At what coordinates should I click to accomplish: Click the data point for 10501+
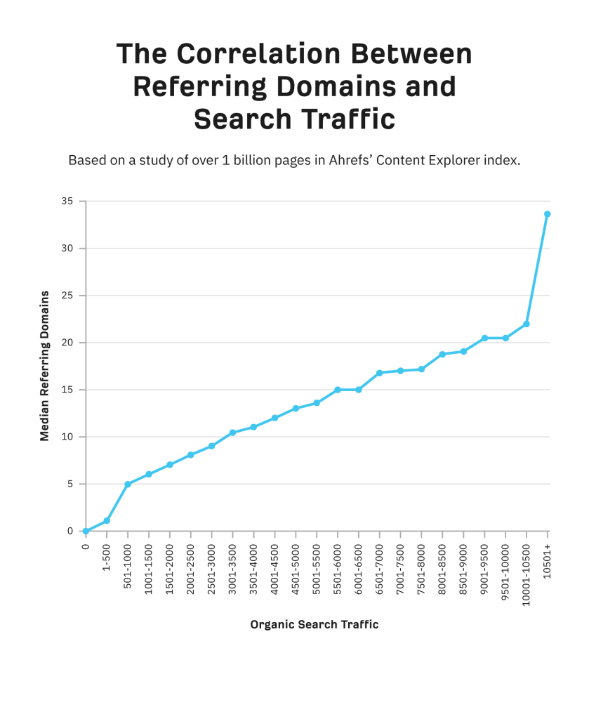click(548, 214)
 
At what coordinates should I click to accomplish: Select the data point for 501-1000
click(128, 484)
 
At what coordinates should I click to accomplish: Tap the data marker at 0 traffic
click(86, 531)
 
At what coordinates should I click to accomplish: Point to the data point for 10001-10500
click(527, 324)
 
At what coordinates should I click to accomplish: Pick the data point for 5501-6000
click(338, 390)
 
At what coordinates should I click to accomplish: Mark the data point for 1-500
click(107, 521)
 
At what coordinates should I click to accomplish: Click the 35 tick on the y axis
click(67, 202)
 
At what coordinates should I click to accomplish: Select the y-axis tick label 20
click(67, 343)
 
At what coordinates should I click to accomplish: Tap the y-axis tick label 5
click(70, 484)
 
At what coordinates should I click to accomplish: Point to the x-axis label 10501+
click(548, 558)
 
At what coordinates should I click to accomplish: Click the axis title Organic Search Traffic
click(315, 624)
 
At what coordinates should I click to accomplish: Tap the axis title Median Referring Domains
click(45, 365)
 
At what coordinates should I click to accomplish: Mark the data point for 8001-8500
click(442, 355)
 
